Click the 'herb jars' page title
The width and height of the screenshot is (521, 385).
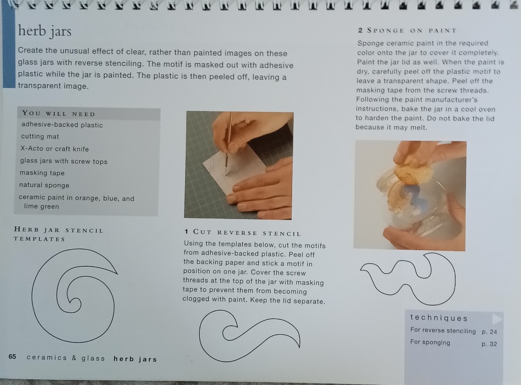click(x=45, y=31)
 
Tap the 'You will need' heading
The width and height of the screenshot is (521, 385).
click(x=59, y=114)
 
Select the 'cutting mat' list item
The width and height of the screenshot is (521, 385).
click(x=40, y=136)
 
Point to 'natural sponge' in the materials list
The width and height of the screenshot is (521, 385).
click(x=44, y=185)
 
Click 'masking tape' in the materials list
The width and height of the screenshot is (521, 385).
click(x=42, y=173)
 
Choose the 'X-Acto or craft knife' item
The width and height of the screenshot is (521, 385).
click(x=54, y=149)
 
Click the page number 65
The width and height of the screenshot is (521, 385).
click(x=12, y=356)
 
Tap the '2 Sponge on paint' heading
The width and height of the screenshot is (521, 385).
click(x=407, y=31)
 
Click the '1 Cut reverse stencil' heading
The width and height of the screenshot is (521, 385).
click(x=242, y=232)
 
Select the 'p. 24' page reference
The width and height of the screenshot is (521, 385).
click(x=489, y=332)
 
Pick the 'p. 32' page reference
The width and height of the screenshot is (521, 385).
click(x=489, y=344)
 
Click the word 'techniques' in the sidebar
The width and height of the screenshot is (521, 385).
click(x=438, y=318)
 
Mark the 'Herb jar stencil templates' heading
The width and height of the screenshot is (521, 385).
click(x=59, y=234)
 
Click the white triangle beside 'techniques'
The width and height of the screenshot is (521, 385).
click(x=497, y=319)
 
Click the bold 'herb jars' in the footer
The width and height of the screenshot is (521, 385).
click(x=135, y=359)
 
